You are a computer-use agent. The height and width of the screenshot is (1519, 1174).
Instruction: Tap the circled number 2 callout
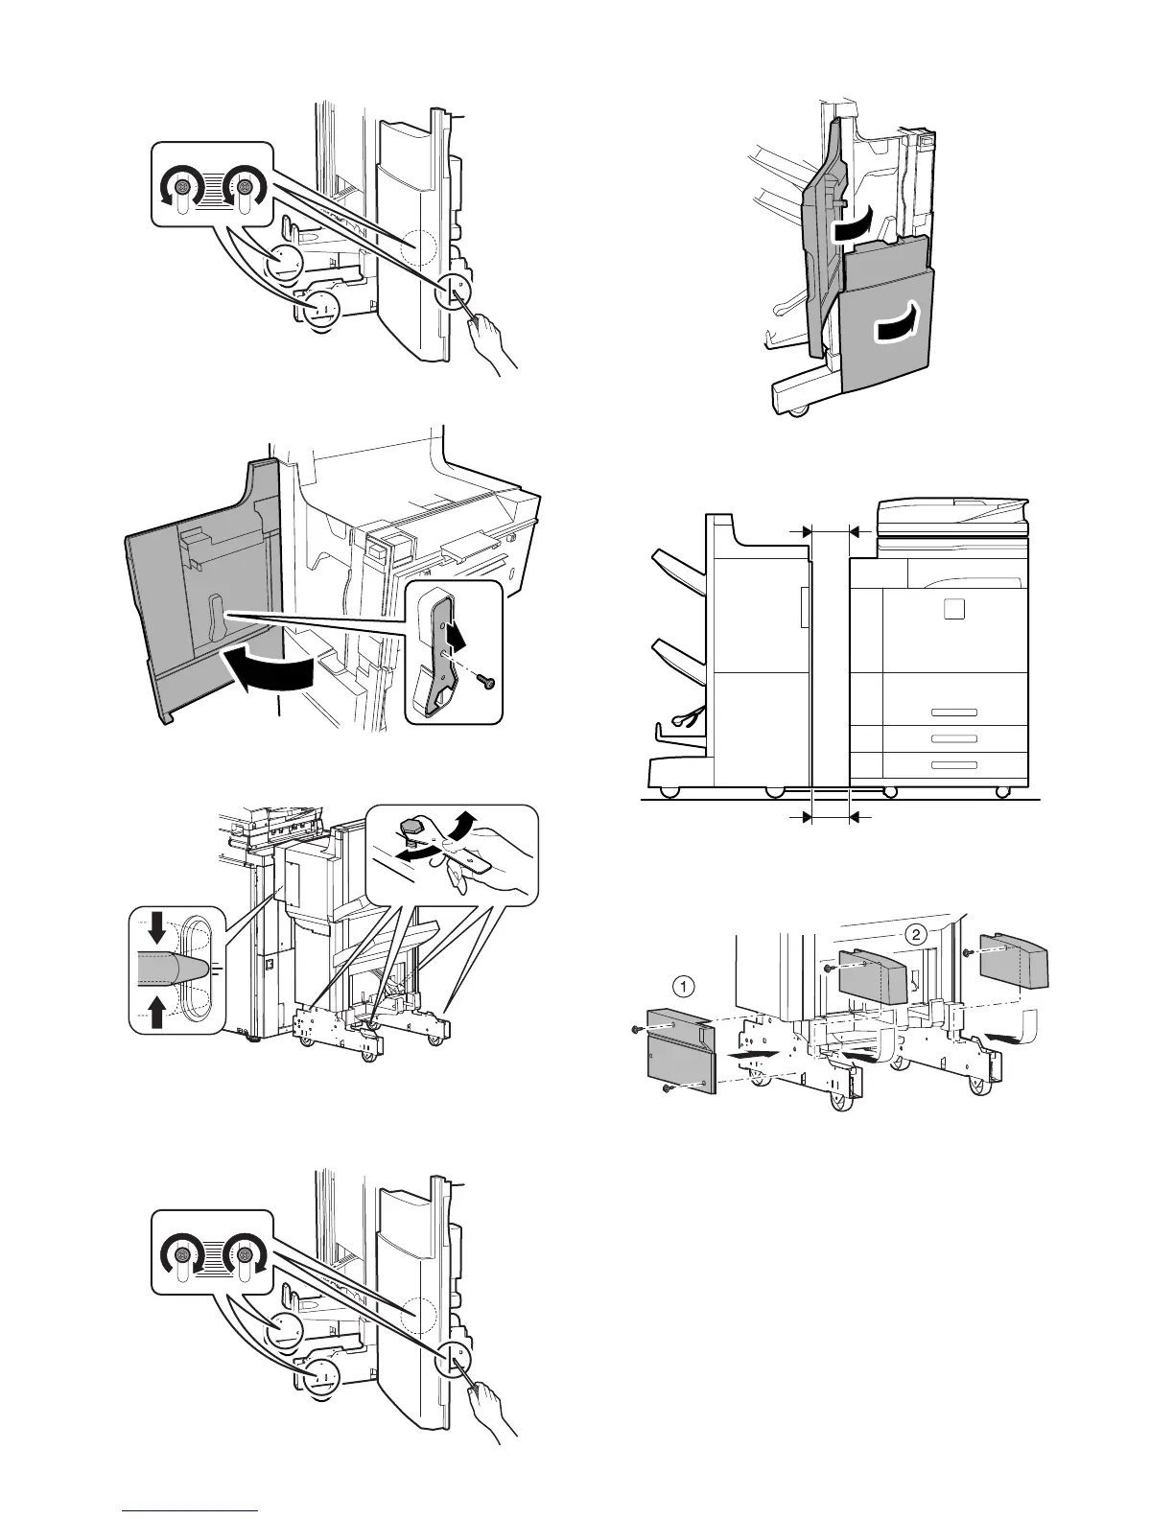click(x=918, y=934)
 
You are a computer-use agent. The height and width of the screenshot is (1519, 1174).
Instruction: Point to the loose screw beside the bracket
click(x=485, y=678)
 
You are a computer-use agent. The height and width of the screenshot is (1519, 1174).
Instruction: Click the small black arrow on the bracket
click(x=458, y=636)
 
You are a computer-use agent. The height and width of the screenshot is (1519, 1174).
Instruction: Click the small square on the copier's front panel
click(x=952, y=609)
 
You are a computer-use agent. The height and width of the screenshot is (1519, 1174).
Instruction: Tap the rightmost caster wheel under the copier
click(x=1002, y=792)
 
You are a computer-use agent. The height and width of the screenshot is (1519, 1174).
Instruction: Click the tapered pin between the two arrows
click(x=173, y=970)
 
